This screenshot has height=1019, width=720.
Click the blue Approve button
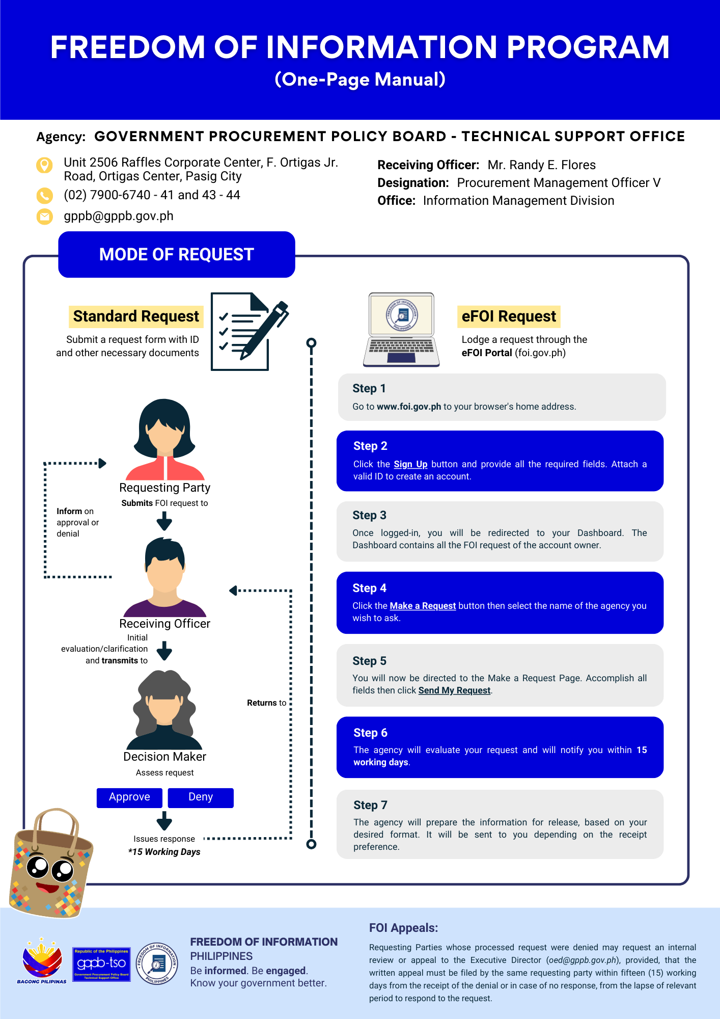(129, 797)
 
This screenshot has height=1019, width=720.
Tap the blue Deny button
(201, 797)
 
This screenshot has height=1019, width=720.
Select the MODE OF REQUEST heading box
(177, 254)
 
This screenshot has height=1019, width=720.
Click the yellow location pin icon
(44, 165)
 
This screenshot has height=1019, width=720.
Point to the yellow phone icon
(44, 195)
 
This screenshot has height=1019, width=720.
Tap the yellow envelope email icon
(44, 217)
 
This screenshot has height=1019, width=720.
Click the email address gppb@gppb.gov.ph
(119, 216)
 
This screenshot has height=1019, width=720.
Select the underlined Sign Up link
(410, 464)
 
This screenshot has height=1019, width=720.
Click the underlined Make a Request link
(423, 606)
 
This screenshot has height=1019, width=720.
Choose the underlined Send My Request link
(454, 690)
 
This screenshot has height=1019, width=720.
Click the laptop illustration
(401, 330)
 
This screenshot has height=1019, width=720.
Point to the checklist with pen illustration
(250, 331)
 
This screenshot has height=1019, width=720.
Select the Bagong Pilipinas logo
(42, 961)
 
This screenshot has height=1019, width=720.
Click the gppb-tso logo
(101, 964)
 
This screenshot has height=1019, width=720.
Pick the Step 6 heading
(370, 733)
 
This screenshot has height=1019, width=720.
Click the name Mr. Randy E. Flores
(541, 165)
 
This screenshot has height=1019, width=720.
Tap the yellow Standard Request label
(136, 316)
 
